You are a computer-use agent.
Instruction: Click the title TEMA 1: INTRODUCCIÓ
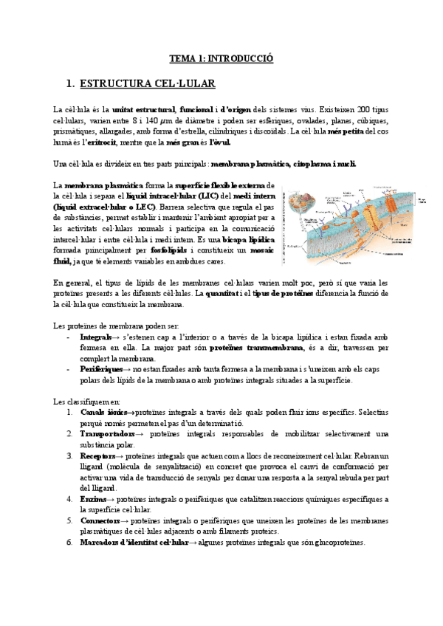[221, 57]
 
